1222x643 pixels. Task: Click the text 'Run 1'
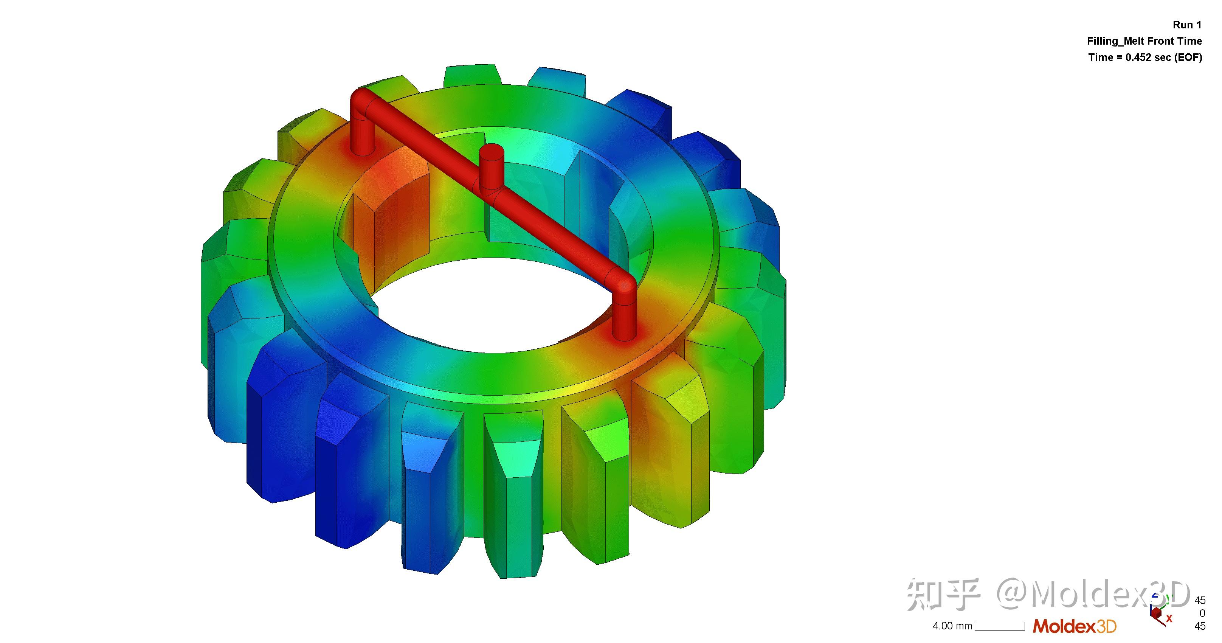pyautogui.click(x=1187, y=25)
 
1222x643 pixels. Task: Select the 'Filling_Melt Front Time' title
pyautogui.click(x=1144, y=41)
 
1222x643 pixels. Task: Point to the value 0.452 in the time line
pyautogui.click(x=1140, y=57)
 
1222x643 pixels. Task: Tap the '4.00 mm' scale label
pyautogui.click(x=952, y=626)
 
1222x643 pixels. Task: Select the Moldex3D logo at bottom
pyautogui.click(x=1074, y=626)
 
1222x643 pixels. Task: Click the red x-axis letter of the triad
pyautogui.click(x=1169, y=618)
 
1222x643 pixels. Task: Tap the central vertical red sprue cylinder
pyautogui.click(x=491, y=168)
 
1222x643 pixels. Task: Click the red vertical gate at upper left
pyautogui.click(x=363, y=135)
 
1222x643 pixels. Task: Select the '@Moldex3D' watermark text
pyautogui.click(x=1091, y=594)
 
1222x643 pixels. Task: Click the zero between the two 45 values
pyautogui.click(x=1202, y=613)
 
